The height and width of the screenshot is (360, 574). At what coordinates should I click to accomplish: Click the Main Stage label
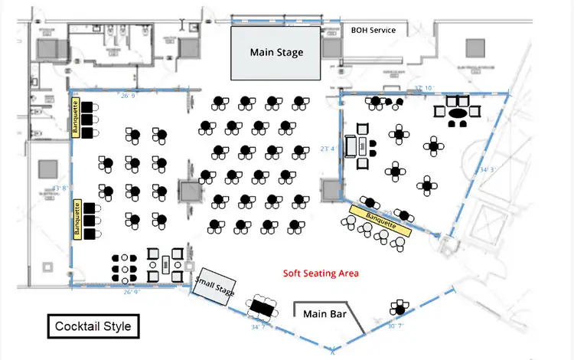tap(276, 53)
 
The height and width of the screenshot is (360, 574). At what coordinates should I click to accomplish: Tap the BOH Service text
tap(373, 30)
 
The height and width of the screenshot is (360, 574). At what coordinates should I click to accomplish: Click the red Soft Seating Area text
tap(321, 273)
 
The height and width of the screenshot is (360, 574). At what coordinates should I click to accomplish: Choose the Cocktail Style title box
tap(93, 326)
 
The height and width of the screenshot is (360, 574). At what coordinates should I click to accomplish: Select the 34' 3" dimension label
tap(488, 169)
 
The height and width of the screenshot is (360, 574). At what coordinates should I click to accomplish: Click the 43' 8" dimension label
tap(60, 188)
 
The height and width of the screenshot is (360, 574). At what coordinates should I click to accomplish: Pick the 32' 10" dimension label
tap(423, 89)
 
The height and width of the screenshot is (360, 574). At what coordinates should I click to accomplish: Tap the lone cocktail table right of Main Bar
tap(398, 309)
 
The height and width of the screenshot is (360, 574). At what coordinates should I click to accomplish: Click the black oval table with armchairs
tap(457, 114)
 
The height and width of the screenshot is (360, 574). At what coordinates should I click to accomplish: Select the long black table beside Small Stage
tap(262, 306)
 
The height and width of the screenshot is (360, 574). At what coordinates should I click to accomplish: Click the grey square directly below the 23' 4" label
tap(330, 189)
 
